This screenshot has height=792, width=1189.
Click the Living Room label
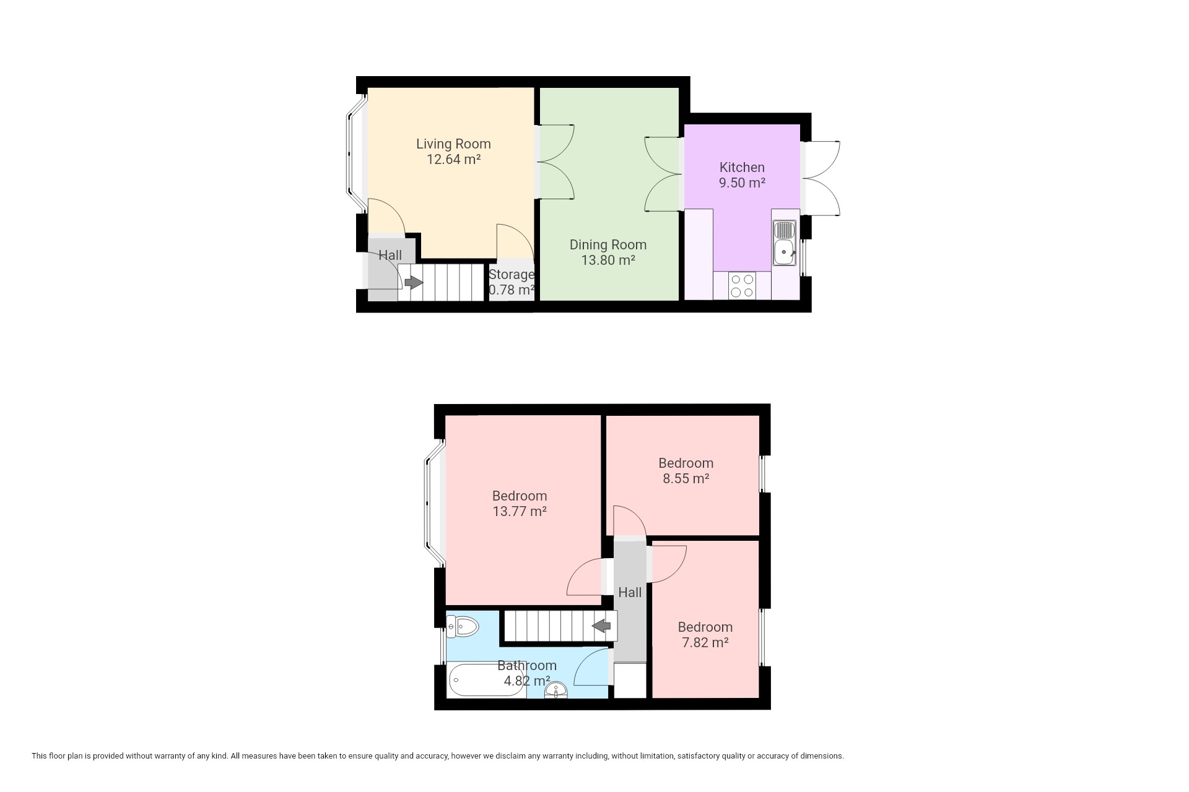coord(453,144)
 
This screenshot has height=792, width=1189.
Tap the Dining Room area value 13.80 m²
coord(608,260)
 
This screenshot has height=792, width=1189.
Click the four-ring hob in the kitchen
coord(742,286)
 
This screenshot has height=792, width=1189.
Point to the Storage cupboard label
coord(512,274)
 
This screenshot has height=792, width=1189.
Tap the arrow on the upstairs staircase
coord(601,626)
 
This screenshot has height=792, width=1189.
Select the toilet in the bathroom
coord(463,627)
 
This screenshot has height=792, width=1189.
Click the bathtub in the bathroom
coord(487,681)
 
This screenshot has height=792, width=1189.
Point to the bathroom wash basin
coord(557,691)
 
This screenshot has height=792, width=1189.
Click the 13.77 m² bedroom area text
coord(520,512)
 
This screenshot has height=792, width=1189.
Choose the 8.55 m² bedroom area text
coord(686,478)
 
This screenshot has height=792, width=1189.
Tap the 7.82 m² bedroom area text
coord(705,642)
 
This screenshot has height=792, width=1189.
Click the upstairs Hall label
coord(630,593)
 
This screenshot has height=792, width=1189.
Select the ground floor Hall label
coord(390,256)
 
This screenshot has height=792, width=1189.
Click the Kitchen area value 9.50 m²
coord(742,183)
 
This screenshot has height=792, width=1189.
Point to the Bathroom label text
coord(527,666)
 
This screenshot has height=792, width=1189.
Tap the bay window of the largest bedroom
coord(434,502)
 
